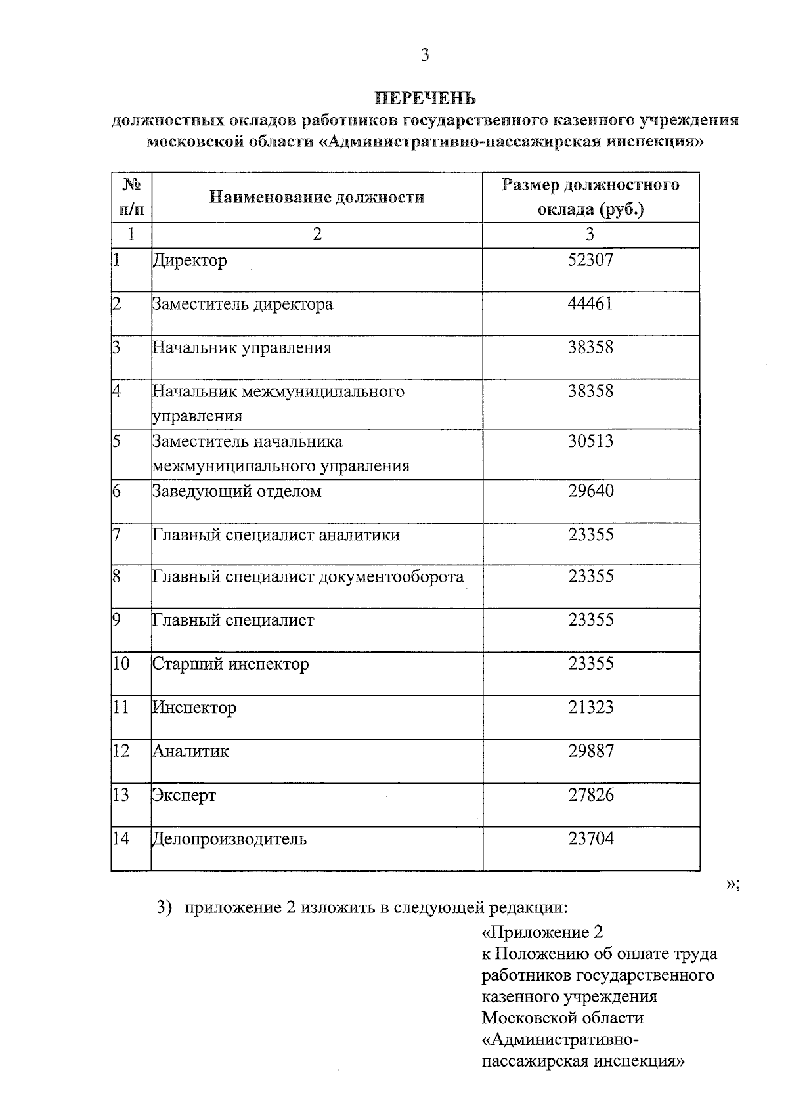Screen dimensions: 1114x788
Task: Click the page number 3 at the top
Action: pos(425,55)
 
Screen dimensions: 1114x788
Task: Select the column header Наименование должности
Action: pos(317,197)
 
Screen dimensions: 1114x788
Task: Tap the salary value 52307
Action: pos(590,260)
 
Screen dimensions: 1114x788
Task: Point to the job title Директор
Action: pos(190,261)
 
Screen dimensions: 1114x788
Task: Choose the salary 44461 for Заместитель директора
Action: pos(590,304)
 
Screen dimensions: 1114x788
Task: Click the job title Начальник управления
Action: pos(242,348)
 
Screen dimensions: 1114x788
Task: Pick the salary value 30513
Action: pos(590,441)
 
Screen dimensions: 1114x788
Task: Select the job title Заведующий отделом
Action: pos(237,492)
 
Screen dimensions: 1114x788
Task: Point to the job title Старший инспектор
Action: pos(230,664)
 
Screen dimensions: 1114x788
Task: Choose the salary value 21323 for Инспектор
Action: pos(590,708)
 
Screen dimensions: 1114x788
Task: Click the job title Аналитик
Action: pos(191,752)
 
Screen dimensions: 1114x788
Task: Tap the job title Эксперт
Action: pos(185,796)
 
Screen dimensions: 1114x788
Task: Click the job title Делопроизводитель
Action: pos(230,839)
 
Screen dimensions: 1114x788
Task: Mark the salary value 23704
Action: pos(590,839)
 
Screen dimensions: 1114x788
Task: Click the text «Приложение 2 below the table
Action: pos(542,933)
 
